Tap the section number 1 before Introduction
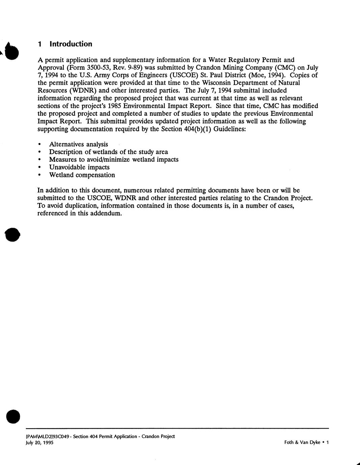[x=40, y=44]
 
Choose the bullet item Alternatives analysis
[x=79, y=144]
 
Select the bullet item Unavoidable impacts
[x=79, y=167]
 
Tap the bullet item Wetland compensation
[x=82, y=175]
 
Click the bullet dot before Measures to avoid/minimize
[x=40, y=160]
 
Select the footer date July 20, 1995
[x=39, y=443]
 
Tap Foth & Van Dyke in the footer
[x=302, y=443]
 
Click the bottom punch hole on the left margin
[x=13, y=416]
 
